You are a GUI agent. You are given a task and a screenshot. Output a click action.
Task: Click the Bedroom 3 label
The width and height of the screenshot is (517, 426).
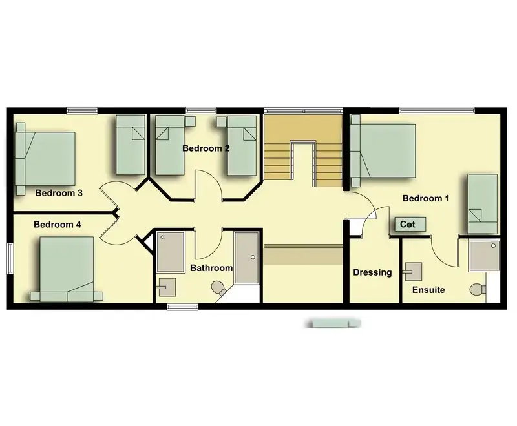[59, 193]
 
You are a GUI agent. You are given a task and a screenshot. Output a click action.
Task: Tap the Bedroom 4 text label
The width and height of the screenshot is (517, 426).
[58, 225]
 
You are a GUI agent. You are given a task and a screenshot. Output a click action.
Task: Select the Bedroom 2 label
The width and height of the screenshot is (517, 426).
[206, 148]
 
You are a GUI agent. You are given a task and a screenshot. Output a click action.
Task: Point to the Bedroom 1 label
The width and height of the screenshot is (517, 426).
[426, 198]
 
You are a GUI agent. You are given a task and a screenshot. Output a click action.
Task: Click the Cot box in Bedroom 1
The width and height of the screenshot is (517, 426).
[410, 225]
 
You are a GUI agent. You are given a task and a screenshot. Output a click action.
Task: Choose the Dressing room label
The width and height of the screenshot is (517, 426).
[372, 272]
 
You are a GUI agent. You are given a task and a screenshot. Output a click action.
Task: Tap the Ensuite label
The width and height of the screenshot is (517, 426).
[428, 290]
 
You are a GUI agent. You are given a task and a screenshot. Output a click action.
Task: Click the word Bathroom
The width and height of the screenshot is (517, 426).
[211, 268]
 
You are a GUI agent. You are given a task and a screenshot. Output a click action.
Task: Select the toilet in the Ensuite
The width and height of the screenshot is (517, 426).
[477, 290]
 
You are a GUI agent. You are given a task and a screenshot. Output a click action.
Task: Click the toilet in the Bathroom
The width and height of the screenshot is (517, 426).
[218, 288]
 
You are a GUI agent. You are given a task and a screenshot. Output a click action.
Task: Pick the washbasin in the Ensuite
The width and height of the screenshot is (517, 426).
[412, 272]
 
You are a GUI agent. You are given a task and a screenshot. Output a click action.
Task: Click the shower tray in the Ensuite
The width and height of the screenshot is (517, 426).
[484, 255]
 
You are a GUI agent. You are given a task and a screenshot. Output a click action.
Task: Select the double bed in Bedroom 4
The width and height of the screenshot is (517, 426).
[67, 269]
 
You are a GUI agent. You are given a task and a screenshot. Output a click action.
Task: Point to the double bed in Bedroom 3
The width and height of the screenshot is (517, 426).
[45, 159]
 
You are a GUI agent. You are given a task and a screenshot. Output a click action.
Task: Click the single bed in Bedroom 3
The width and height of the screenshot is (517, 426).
[131, 145]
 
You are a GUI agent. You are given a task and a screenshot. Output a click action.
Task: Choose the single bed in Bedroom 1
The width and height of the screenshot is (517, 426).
[482, 204]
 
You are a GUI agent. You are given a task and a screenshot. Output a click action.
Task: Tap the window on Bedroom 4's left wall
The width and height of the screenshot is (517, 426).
[10, 258]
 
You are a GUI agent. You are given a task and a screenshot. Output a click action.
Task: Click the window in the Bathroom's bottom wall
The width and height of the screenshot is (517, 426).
[182, 307]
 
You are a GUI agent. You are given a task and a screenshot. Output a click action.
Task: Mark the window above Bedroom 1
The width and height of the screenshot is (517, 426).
[438, 110]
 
